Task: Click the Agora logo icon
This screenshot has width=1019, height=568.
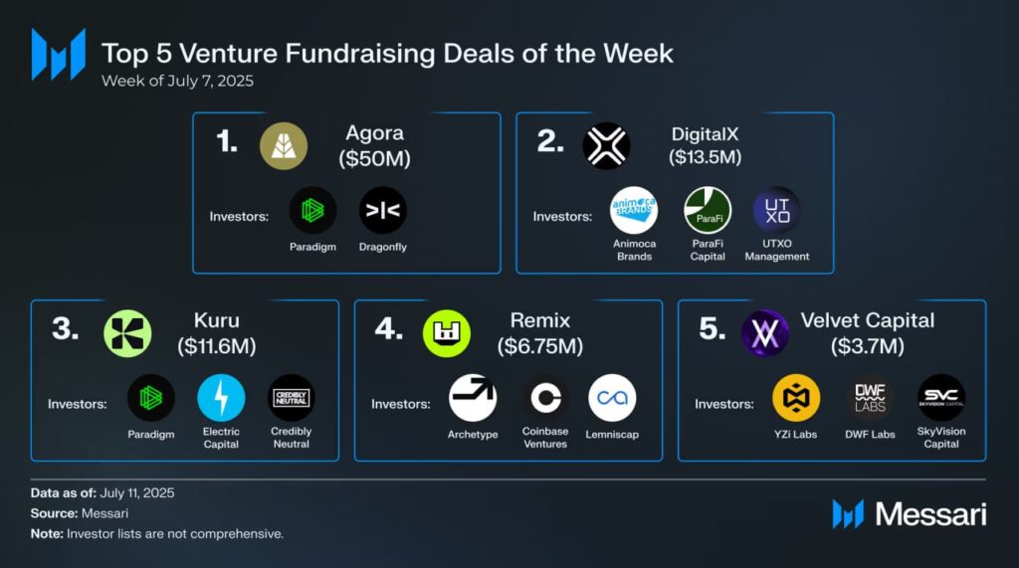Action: [284, 146]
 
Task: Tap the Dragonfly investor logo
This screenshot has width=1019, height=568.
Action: [383, 210]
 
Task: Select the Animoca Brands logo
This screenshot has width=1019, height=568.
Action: [634, 210]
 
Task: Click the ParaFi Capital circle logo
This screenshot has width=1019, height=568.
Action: [708, 210]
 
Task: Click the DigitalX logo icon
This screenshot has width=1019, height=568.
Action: [606, 146]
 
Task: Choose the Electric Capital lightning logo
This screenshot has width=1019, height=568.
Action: [222, 398]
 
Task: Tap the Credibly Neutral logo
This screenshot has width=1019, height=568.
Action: [292, 398]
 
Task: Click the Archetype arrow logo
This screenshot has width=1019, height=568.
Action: [473, 398]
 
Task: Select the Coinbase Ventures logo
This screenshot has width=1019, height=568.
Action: [544, 398]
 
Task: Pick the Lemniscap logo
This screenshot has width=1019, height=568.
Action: [612, 398]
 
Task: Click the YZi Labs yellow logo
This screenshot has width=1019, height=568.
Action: [796, 398]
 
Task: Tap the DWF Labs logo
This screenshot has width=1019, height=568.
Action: [870, 398]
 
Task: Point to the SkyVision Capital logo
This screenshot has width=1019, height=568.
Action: [941, 398]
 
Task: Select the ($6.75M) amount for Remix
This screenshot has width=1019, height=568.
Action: [540, 346]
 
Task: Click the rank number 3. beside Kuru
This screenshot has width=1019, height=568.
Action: [66, 330]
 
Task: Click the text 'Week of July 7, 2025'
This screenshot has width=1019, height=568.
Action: [177, 81]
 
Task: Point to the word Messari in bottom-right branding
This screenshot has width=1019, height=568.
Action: [930, 514]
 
